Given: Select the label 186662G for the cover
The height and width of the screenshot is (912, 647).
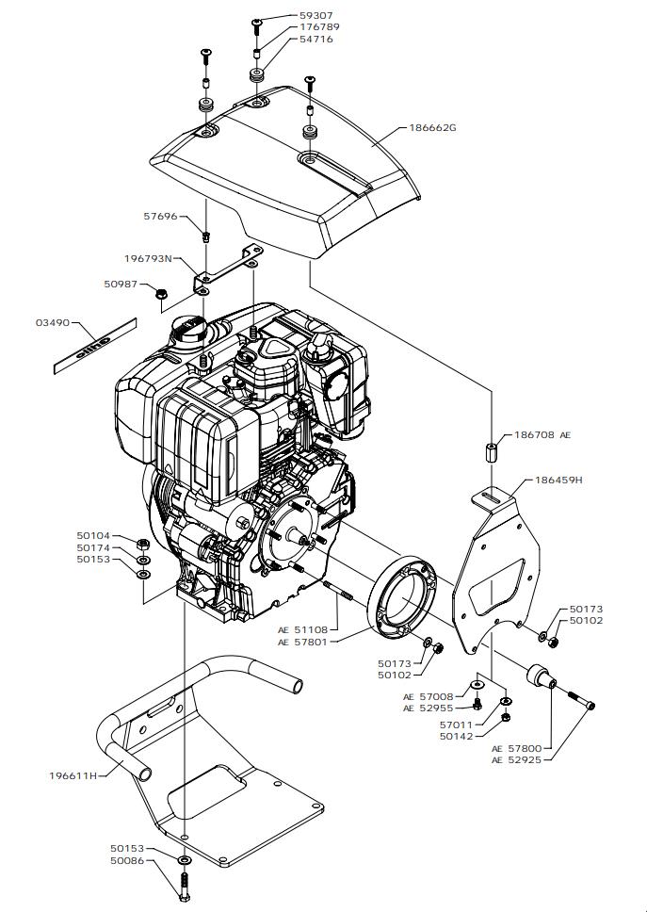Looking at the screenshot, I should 432,127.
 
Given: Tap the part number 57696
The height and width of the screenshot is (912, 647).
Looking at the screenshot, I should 160,216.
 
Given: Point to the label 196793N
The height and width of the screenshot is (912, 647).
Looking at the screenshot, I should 149,257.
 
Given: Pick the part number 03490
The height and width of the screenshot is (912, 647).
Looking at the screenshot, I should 53,323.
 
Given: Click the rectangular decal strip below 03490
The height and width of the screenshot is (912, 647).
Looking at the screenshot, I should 93,344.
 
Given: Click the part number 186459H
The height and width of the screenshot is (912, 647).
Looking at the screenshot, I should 559,480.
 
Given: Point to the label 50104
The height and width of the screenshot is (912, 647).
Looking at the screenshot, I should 93,535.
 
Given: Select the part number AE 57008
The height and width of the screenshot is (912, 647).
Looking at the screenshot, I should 429,696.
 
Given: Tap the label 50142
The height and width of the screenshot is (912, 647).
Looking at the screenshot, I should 458,736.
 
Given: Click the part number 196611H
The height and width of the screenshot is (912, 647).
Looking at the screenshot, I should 73,775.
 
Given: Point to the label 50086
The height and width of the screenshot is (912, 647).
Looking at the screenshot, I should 127,860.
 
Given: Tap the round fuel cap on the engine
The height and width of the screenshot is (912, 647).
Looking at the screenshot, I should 186,330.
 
